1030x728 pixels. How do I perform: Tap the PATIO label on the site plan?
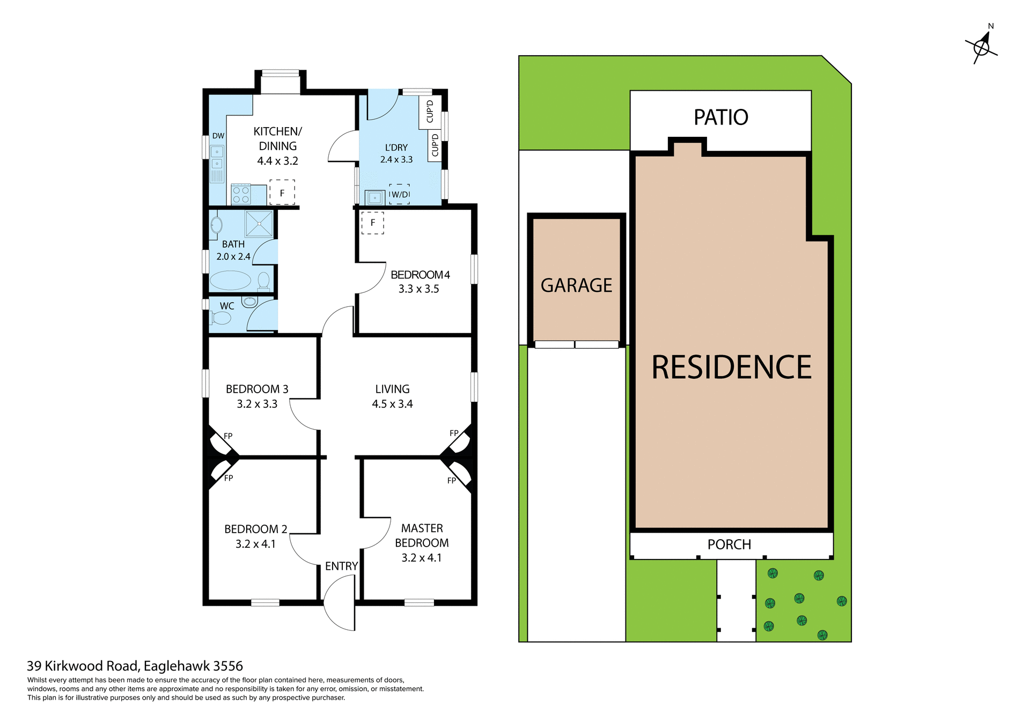tap(720, 117)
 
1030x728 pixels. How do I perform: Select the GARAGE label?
tap(576, 285)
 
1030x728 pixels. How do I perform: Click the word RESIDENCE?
tap(731, 368)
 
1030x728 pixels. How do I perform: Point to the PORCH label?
tap(729, 545)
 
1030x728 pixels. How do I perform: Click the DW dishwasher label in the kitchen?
tap(218, 136)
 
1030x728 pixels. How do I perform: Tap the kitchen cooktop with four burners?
tap(241, 195)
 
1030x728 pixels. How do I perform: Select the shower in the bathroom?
tap(259, 224)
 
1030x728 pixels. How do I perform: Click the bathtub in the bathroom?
tap(230, 280)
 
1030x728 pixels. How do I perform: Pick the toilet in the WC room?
tap(221, 318)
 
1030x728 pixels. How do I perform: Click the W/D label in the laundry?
tap(400, 195)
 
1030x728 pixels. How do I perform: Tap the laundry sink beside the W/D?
tap(374, 198)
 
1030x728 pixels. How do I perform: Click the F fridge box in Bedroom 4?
tap(373, 223)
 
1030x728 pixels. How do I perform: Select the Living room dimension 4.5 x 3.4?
tap(392, 404)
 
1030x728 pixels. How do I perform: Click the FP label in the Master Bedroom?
tap(452, 481)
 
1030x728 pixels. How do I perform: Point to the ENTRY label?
tap(341, 566)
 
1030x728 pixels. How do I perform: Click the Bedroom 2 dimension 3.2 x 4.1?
tap(255, 544)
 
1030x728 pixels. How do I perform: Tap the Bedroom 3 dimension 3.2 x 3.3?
tap(257, 404)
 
